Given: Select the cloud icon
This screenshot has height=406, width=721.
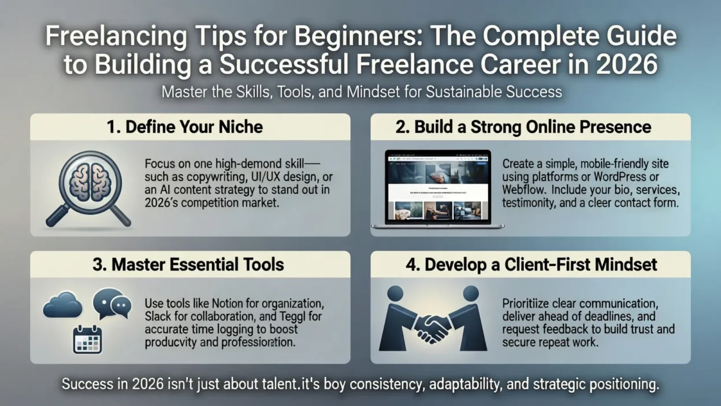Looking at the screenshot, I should tap(62, 305).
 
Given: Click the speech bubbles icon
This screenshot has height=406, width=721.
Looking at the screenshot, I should tap(112, 304).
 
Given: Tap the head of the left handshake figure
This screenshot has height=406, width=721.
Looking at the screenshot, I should tap(396, 294).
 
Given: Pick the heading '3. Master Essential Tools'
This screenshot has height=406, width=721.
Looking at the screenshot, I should tap(189, 265).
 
